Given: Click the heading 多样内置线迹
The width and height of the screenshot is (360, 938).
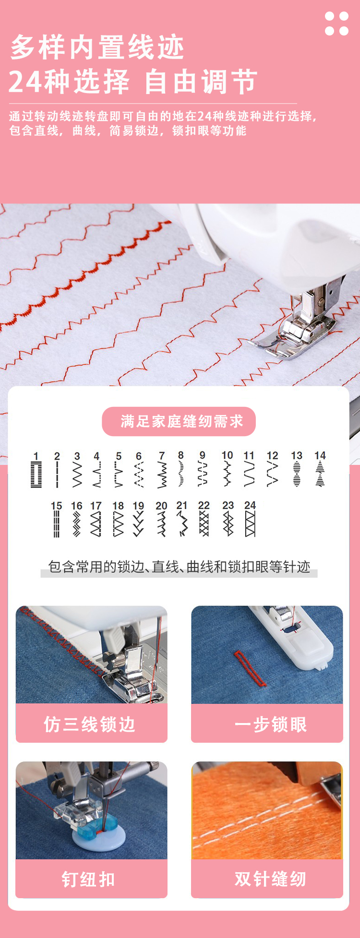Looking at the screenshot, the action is point(97,47).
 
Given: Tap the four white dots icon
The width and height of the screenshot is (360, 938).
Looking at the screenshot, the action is point(336,24).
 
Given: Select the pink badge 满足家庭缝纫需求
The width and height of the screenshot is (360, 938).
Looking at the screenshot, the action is point(179,421).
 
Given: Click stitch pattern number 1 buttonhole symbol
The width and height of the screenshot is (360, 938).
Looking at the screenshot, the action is point(36,475).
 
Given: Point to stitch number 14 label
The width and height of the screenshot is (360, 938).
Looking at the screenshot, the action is point(320,455).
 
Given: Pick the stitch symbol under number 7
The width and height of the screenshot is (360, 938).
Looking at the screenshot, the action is point(162,475).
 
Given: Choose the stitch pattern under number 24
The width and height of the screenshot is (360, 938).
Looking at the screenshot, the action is point(250,523).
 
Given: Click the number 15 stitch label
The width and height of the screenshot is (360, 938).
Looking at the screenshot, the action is point(56,506).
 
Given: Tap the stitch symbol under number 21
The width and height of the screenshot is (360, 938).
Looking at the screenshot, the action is point(182,523).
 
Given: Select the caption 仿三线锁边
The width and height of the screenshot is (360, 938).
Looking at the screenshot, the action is point(90,724).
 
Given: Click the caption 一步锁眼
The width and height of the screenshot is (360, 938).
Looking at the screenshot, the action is point(271,724).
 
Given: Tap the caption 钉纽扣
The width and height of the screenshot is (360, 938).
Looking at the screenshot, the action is point(89,879).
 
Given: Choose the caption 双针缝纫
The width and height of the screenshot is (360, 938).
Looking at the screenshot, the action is point(270,879).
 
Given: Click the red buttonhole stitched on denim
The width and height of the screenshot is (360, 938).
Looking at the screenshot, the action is point(250,667).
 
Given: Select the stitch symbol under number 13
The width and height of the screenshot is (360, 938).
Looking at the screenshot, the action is point(297,474).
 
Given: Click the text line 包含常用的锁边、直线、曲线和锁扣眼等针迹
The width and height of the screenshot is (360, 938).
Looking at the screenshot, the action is point(179,567).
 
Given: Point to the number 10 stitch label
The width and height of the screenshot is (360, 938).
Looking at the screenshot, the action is point(227,455).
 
